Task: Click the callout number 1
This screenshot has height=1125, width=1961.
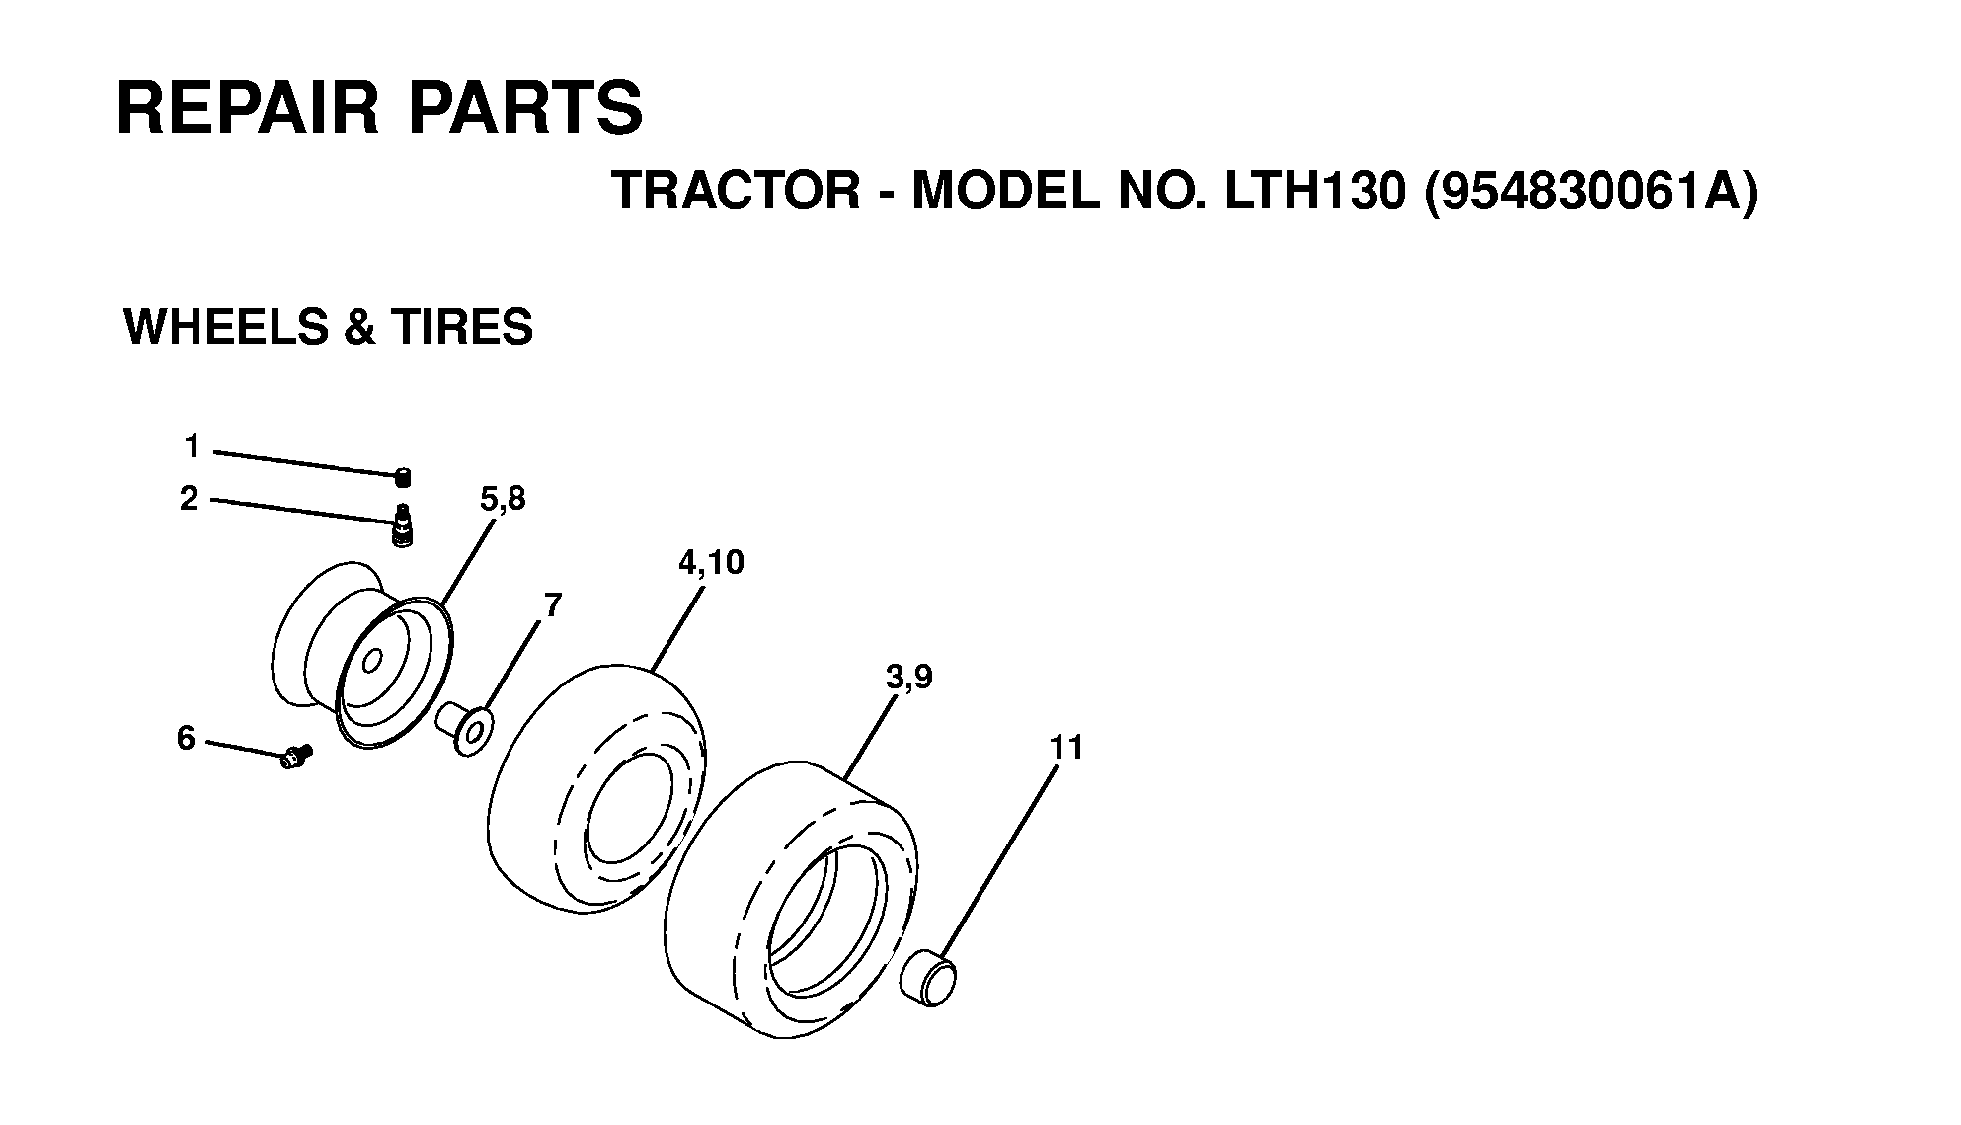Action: [192, 447]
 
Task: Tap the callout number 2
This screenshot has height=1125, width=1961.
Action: [189, 499]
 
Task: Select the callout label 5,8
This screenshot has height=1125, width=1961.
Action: [503, 500]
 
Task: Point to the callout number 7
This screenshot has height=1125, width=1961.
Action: [552, 604]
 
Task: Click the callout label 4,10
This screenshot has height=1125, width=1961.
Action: [711, 563]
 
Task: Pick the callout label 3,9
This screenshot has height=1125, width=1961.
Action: [908, 679]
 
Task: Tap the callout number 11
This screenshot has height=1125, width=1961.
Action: [1067, 748]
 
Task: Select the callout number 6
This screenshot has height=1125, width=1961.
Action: [186, 738]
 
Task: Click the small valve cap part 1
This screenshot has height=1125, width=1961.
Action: [403, 478]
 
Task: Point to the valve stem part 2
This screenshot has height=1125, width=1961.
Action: [403, 524]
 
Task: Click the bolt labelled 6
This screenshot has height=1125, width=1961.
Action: [295, 757]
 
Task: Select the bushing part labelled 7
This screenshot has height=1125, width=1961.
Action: [464, 730]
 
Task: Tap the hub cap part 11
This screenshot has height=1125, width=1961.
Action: [928, 977]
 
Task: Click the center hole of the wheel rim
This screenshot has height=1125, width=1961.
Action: [373, 659]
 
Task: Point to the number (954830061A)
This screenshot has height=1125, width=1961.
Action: [1592, 192]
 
